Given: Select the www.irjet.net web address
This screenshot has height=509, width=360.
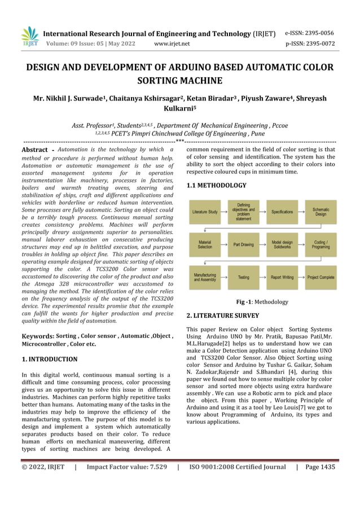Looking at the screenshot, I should click(x=172, y=43).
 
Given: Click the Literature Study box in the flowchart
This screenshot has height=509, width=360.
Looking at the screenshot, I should click(x=205, y=212).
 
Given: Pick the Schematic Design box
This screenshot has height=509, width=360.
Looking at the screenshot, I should click(x=321, y=212).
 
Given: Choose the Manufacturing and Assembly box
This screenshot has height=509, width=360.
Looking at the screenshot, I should click(x=205, y=277).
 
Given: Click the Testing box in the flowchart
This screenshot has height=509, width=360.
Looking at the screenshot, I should click(x=243, y=277).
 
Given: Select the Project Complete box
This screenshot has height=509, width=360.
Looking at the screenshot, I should click(x=321, y=277).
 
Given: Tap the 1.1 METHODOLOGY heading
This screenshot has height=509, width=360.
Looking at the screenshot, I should click(x=216, y=185).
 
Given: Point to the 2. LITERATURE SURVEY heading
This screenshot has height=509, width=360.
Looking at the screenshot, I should click(x=222, y=315).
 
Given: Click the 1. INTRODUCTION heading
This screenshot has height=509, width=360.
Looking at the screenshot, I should click(x=49, y=359).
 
